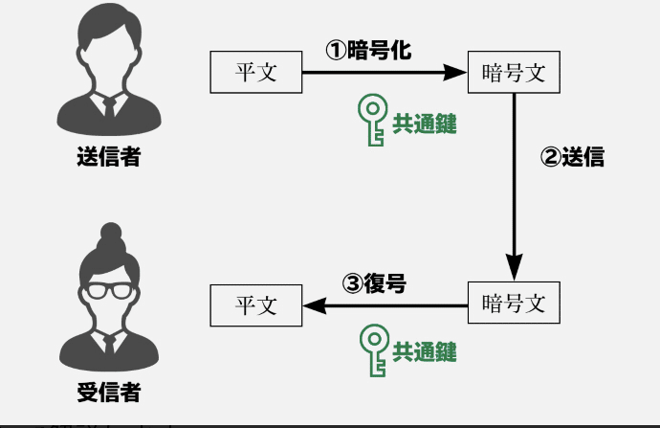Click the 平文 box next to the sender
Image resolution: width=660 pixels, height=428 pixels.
(255, 73)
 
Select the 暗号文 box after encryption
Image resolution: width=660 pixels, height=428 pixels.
(514, 73)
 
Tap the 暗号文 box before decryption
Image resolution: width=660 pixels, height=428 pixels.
(514, 304)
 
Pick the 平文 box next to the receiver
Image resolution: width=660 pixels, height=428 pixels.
(255, 304)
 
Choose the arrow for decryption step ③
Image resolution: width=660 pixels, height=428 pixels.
(383, 305)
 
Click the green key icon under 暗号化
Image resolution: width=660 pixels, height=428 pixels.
(370, 120)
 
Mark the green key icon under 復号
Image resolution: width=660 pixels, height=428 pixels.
(371, 350)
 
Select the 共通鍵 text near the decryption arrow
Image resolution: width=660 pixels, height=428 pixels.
(425, 352)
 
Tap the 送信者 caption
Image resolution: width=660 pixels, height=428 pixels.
(108, 157)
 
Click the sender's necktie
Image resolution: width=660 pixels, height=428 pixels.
(109, 106)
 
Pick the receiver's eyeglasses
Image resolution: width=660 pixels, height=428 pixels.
(108, 288)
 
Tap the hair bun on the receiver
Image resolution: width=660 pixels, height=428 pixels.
(109, 234)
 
